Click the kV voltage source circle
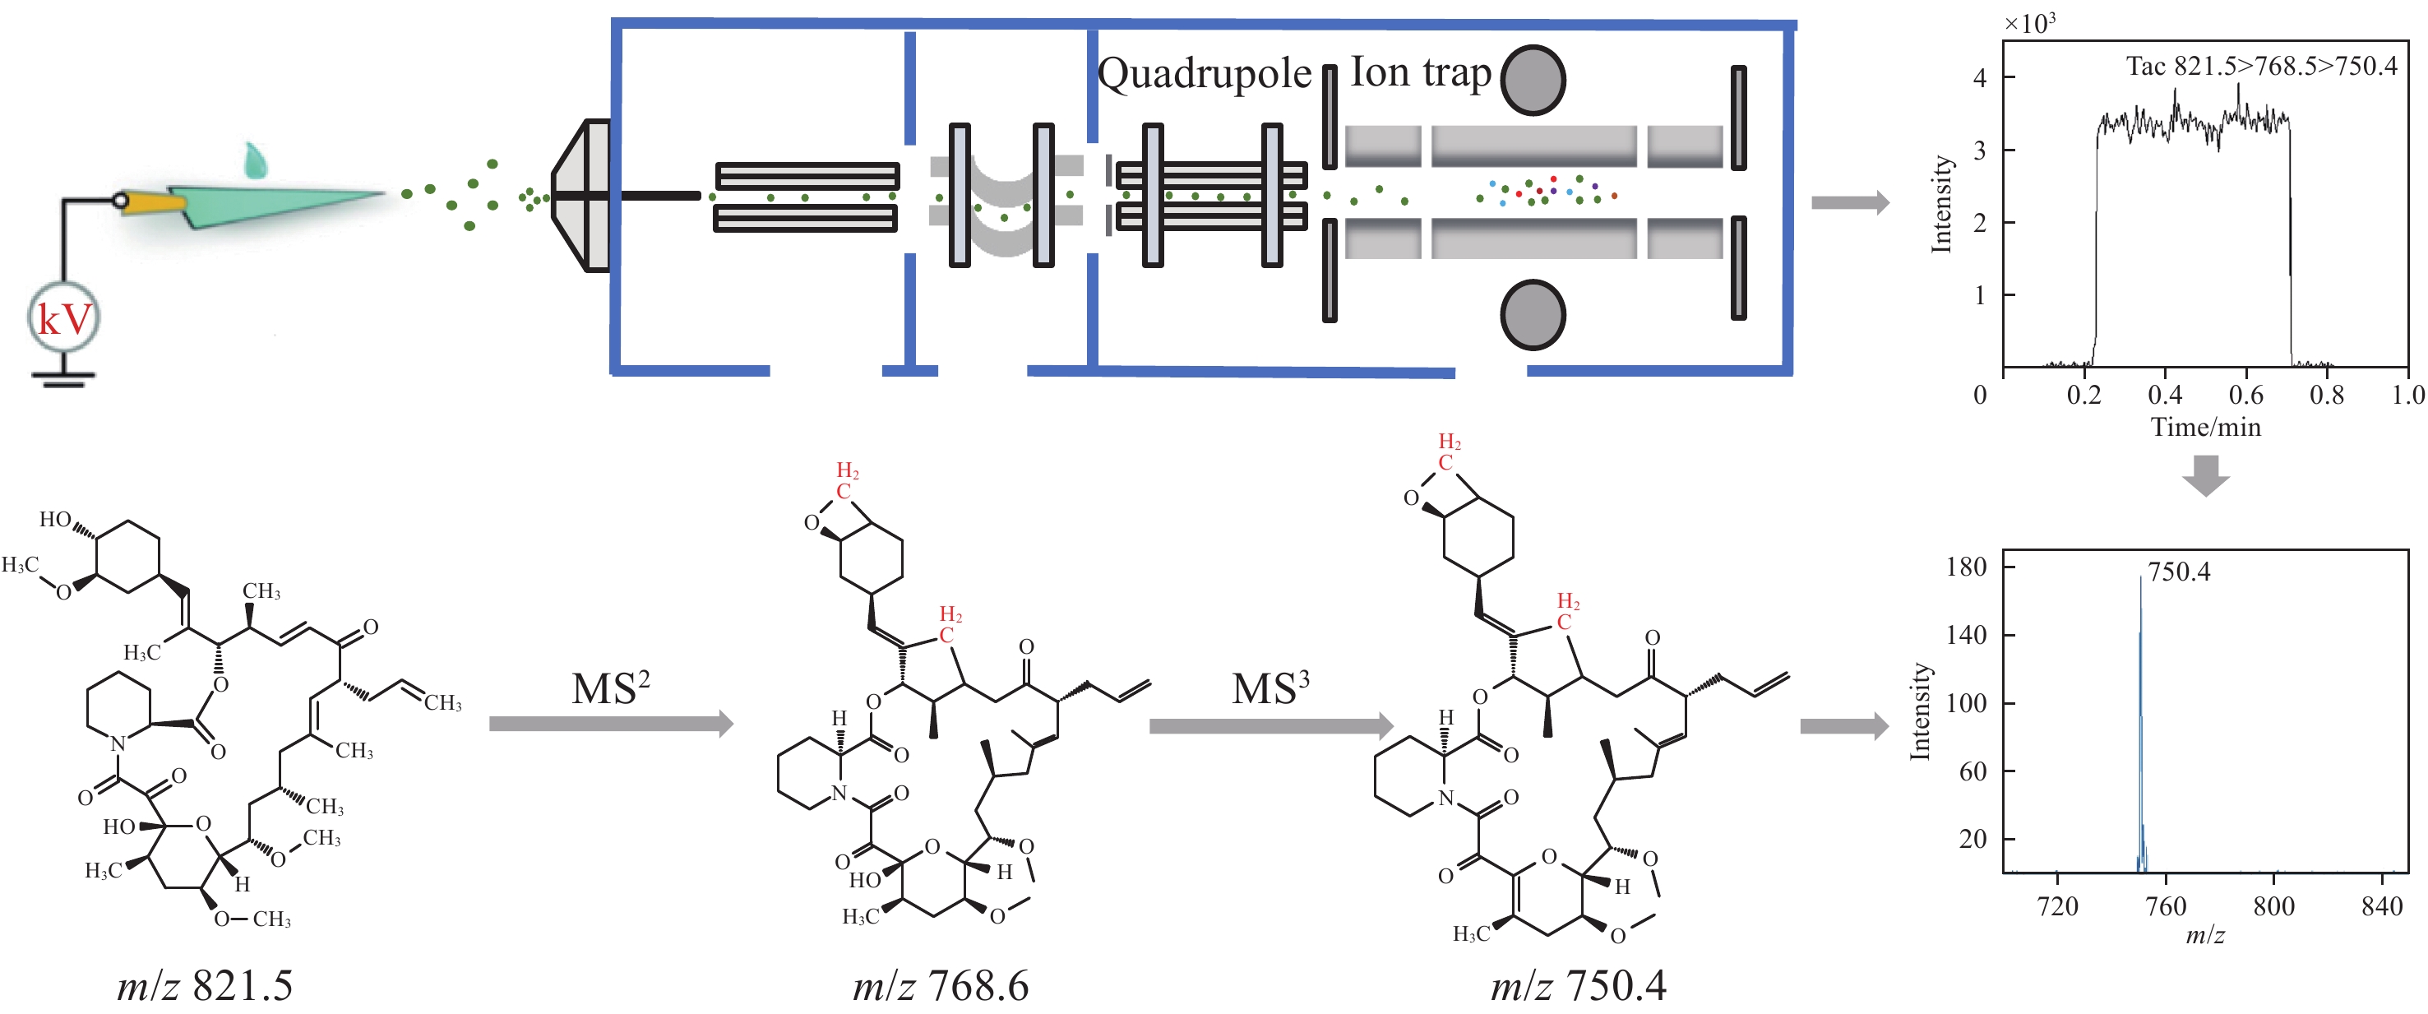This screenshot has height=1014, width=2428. click(63, 317)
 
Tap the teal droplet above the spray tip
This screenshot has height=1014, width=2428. click(255, 161)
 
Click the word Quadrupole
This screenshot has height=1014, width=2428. click(1205, 73)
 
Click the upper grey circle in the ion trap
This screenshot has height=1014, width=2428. click(1533, 80)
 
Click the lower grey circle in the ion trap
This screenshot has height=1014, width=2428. click(1533, 315)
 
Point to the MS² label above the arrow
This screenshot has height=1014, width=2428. click(611, 688)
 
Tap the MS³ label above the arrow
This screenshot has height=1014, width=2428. click(1270, 688)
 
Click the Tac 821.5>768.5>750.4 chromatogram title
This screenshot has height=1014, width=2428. click(2261, 66)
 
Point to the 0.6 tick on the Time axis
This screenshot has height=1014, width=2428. click(2246, 394)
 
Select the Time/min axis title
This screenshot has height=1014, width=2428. click(2205, 427)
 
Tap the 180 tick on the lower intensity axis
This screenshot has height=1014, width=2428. click(1966, 567)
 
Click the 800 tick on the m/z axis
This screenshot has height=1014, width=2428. click(2273, 906)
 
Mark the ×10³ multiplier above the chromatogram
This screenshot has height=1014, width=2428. click(2029, 24)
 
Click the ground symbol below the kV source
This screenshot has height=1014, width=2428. click(63, 380)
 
